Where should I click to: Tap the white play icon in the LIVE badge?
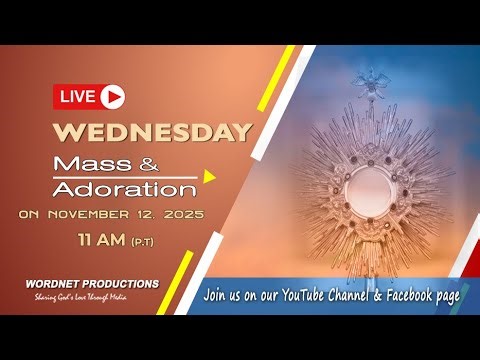coord(112,97)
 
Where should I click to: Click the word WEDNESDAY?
coord(152,132)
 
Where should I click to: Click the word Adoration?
coord(138,188)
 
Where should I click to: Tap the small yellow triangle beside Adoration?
coord(209,178)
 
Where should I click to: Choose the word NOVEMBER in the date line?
coord(97,214)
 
